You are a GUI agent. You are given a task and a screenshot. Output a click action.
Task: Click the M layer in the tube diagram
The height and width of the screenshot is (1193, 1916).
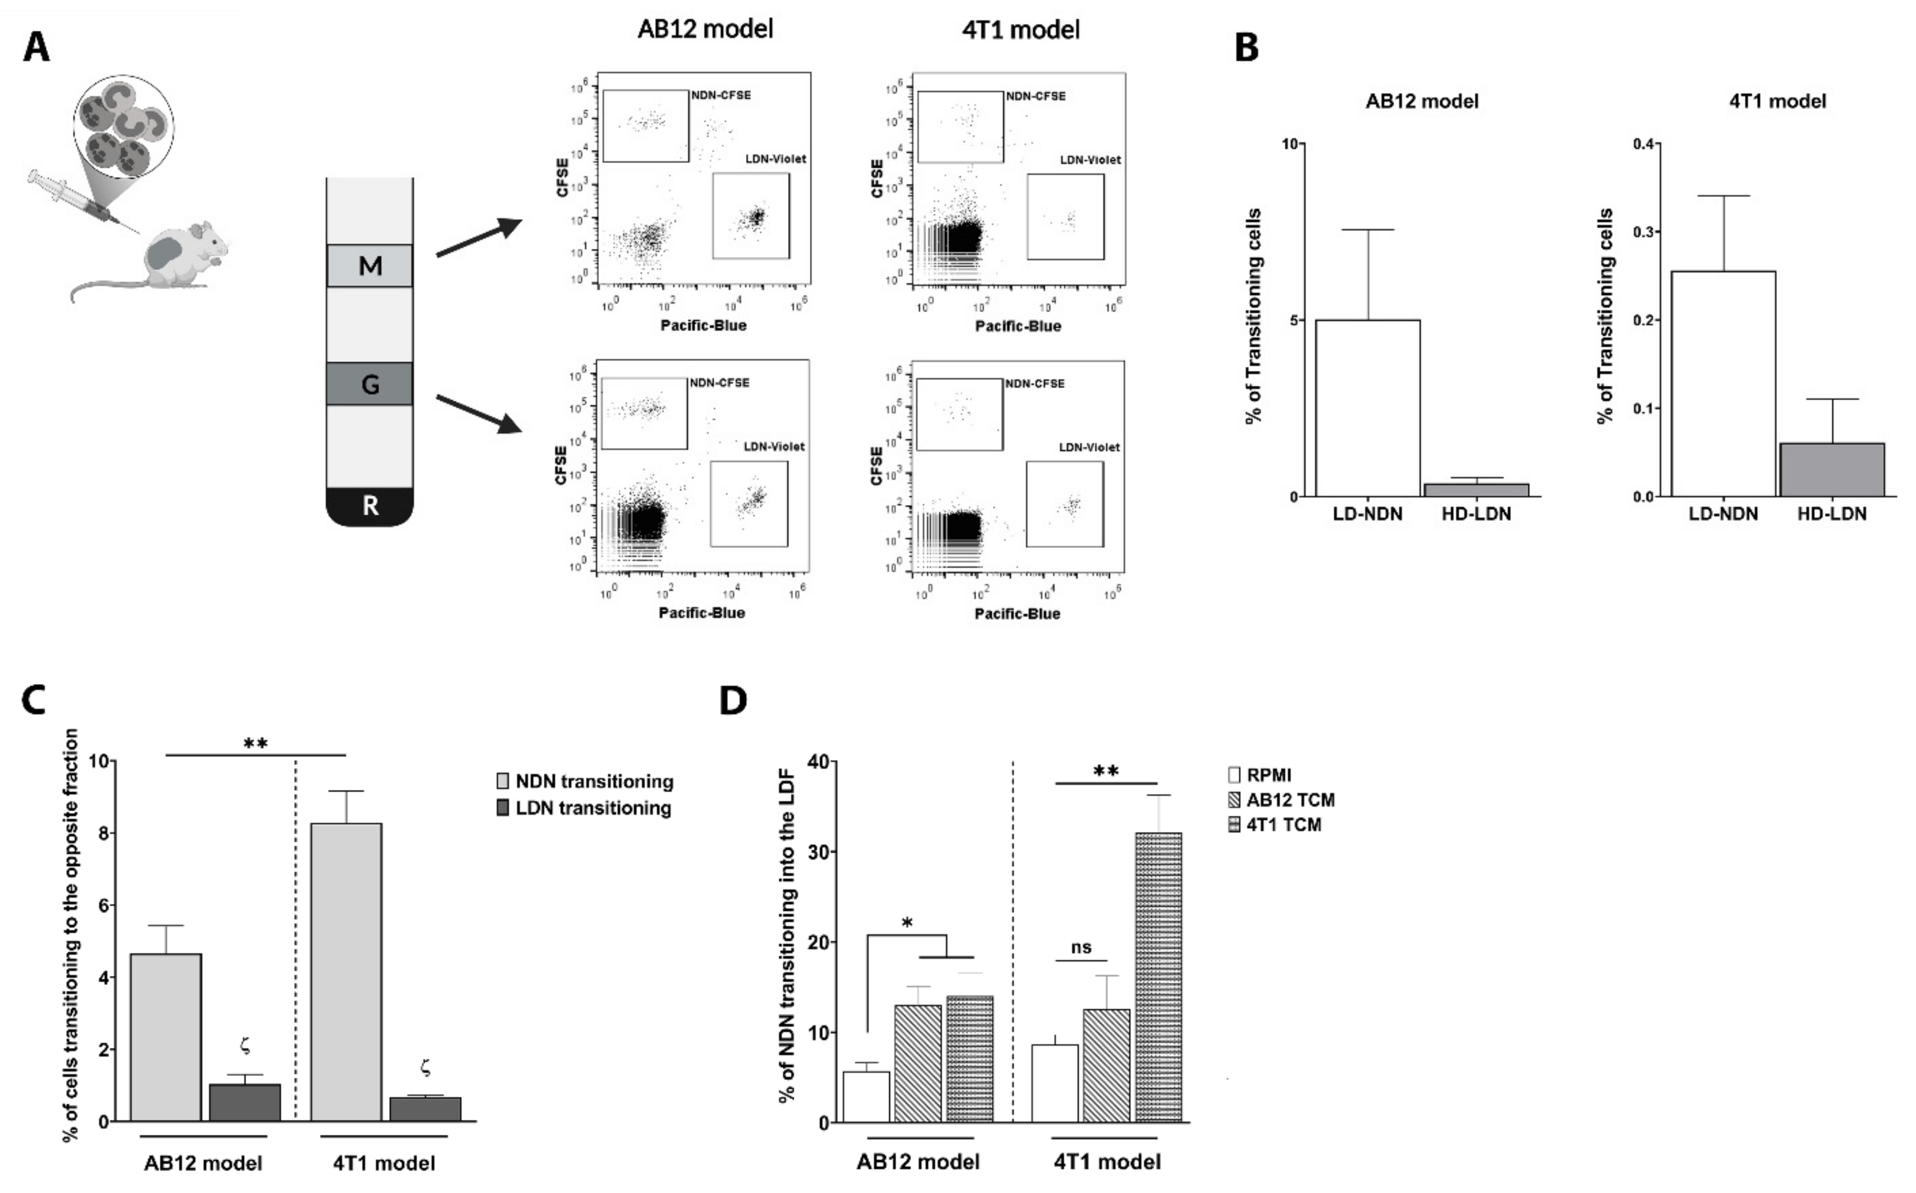click(370, 266)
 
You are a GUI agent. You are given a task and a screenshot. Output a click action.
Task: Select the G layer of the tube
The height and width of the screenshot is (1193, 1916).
click(370, 384)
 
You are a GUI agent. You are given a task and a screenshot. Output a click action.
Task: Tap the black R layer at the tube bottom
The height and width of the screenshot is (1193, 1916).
click(370, 506)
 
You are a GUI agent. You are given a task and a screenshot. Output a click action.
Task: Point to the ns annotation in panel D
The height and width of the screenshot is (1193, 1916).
click(1081, 947)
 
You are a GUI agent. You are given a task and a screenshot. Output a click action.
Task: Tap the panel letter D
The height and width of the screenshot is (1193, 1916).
click(733, 700)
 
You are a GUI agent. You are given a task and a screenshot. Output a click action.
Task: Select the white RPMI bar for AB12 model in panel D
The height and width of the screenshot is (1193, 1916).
click(866, 1096)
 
